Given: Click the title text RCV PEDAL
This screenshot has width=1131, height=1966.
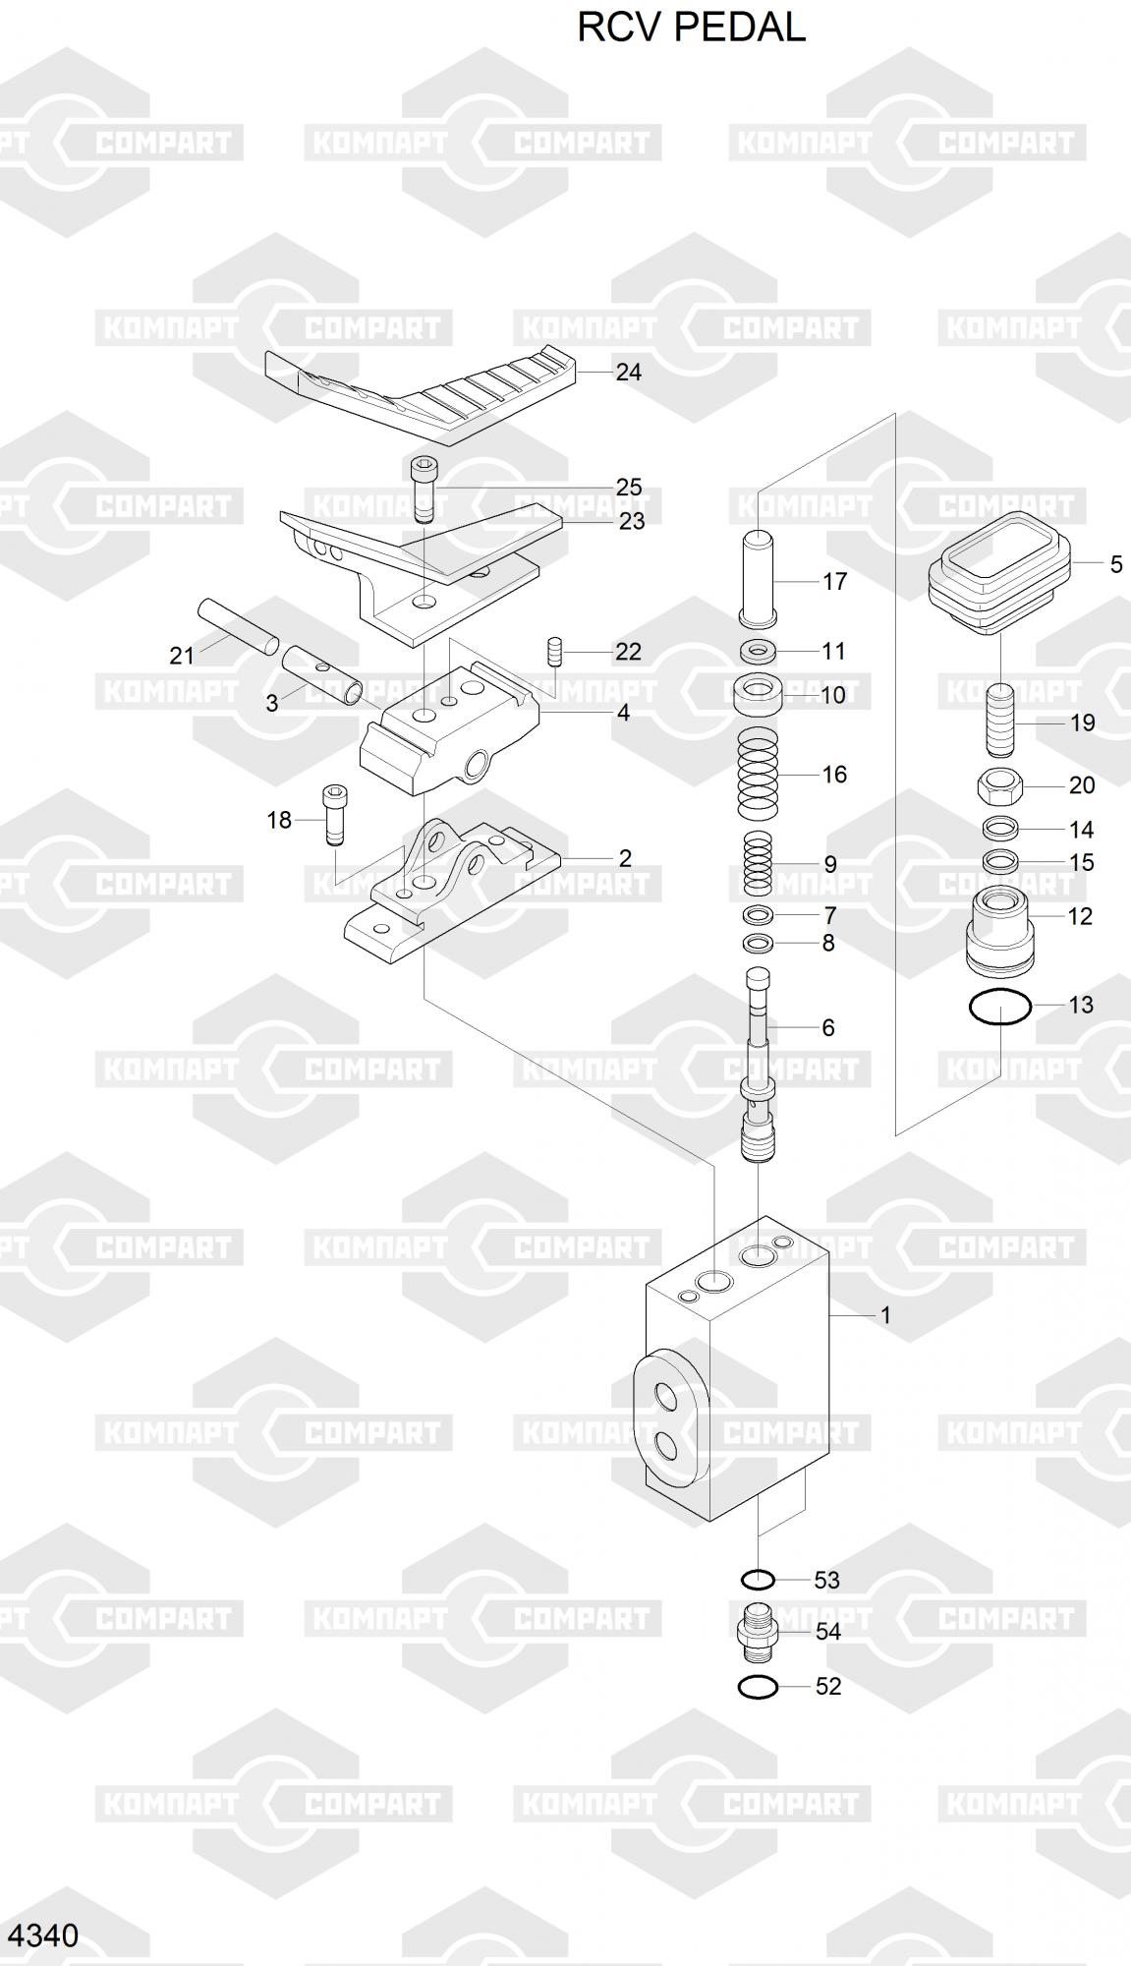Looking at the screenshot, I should coord(691,28).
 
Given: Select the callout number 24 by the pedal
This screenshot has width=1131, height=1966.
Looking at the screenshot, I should coord(628,373).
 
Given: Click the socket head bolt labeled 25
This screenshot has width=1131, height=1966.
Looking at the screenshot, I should coord(424,489).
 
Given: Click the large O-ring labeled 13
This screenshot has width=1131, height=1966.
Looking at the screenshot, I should coord(999,1007).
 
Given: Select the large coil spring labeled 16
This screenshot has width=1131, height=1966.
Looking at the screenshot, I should coord(758,775).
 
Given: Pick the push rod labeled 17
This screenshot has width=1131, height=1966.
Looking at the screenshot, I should coord(759,577).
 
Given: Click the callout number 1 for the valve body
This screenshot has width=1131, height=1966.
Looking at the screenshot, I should coord(885,1315).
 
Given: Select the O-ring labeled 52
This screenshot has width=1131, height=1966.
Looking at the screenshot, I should coord(758,1687).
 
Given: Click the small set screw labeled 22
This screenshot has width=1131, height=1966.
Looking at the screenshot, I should coord(553,650).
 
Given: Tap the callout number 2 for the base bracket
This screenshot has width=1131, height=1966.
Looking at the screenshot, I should coord(625,858).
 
